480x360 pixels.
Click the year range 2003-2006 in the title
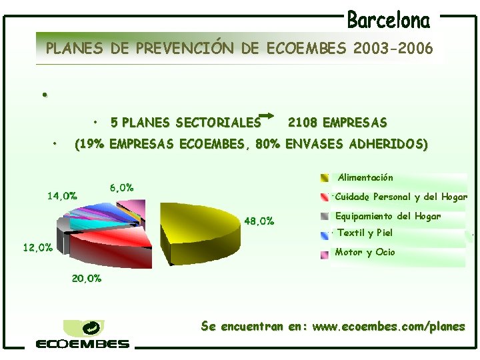(x=394, y=49)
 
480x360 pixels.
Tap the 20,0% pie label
(x=87, y=279)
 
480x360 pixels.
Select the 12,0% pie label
(x=38, y=247)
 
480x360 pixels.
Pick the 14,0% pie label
(x=62, y=196)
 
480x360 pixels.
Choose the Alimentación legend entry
(x=365, y=178)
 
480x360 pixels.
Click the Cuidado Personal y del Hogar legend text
(x=401, y=197)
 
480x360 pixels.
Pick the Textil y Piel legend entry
(x=365, y=233)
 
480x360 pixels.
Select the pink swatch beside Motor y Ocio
(x=324, y=253)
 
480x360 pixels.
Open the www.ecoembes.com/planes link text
(x=389, y=327)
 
